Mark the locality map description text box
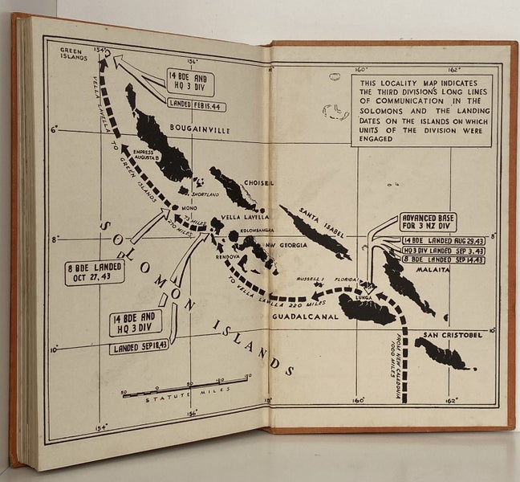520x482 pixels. (422, 112)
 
